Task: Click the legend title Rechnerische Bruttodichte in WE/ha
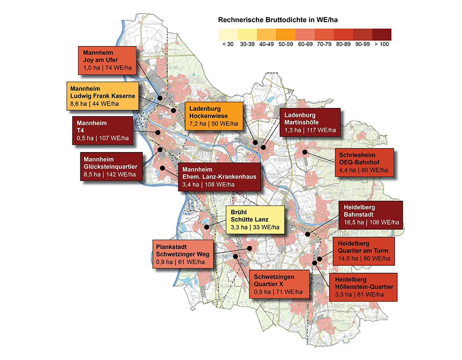pyautogui.click(x=278, y=20)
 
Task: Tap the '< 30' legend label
pyautogui.click(x=227, y=44)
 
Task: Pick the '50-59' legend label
pyautogui.click(x=285, y=44)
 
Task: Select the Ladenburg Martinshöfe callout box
pyautogui.click(x=311, y=122)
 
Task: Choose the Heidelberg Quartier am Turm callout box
pyautogui.click(x=363, y=251)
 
